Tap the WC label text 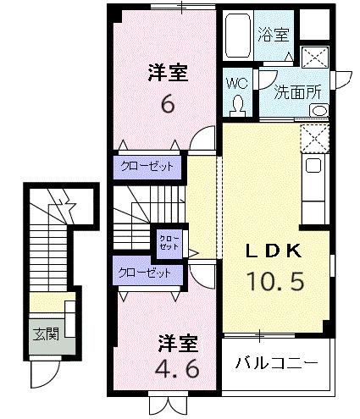pos(236,84)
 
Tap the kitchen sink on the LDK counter pos(313,167)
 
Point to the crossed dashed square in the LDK pos(313,136)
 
